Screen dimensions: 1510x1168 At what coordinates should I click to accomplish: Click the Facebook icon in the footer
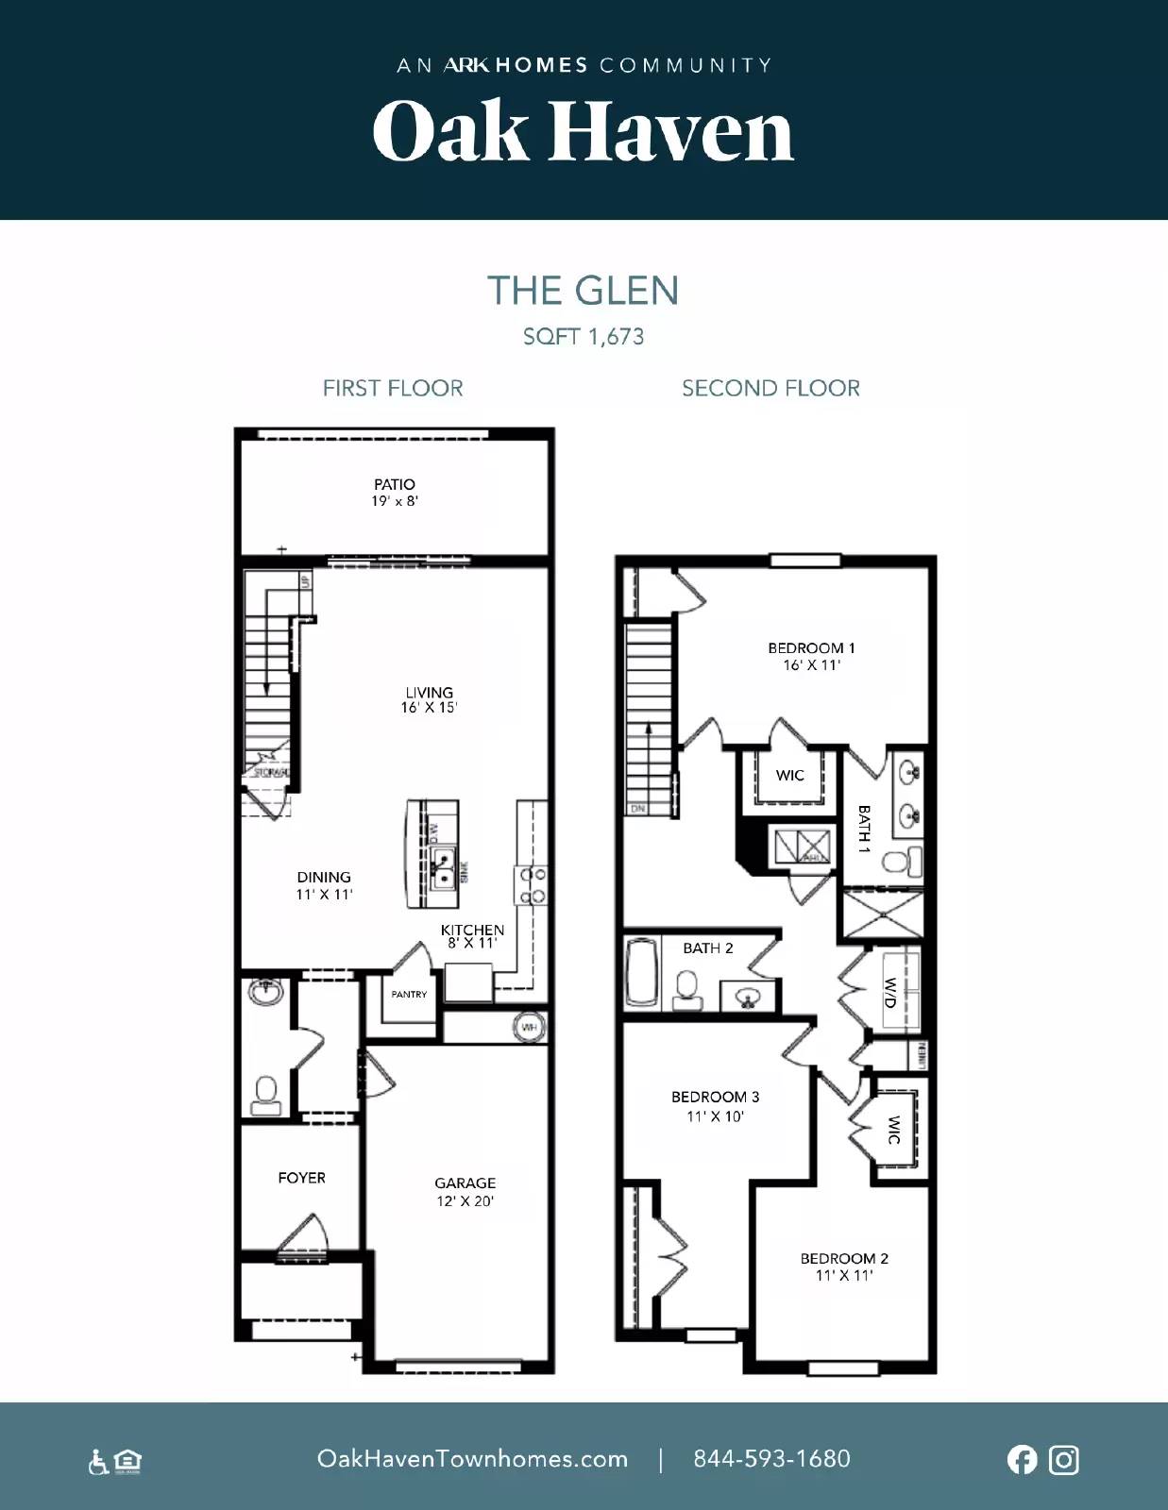point(1022,1460)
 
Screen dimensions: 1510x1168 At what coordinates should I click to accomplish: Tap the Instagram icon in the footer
point(1064,1460)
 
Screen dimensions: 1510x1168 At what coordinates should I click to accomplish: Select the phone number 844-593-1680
point(771,1459)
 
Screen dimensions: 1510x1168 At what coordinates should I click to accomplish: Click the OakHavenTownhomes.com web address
point(472,1459)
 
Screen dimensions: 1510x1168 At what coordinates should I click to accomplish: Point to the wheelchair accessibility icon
point(97,1463)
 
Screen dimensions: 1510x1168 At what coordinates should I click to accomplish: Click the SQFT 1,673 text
point(584,337)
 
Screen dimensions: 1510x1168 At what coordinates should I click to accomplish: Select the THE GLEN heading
point(583,291)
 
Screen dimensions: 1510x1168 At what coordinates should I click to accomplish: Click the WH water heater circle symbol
point(529,1027)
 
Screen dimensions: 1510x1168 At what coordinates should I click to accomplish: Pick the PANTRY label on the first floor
point(409,995)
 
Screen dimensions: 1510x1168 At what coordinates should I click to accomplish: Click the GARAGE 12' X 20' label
point(465,1191)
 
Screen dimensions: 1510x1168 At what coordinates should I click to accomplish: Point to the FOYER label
point(301,1178)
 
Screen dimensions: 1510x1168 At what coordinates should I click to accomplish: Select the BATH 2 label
point(707,948)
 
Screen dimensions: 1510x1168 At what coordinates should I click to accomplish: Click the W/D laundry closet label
point(889,991)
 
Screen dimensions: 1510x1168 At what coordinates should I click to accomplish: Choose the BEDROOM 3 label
point(715,1105)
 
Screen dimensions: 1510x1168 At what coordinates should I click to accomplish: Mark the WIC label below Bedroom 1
point(789,776)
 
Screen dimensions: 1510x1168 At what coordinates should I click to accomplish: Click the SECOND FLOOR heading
point(770,388)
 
